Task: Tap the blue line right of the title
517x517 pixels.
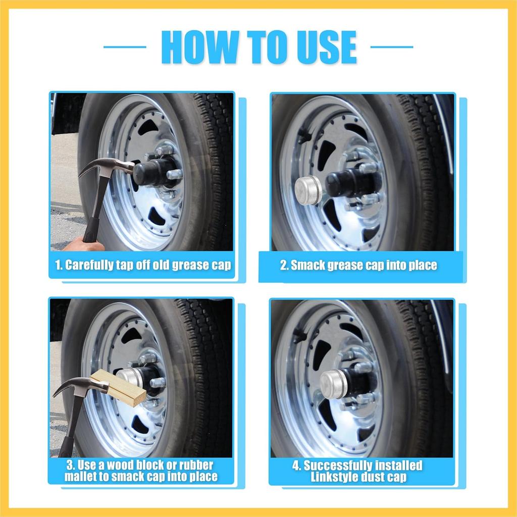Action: click(x=392, y=47)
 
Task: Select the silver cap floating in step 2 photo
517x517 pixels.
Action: click(x=308, y=190)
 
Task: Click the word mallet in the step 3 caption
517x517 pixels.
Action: click(x=81, y=476)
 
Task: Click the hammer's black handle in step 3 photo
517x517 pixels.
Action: click(x=71, y=429)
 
